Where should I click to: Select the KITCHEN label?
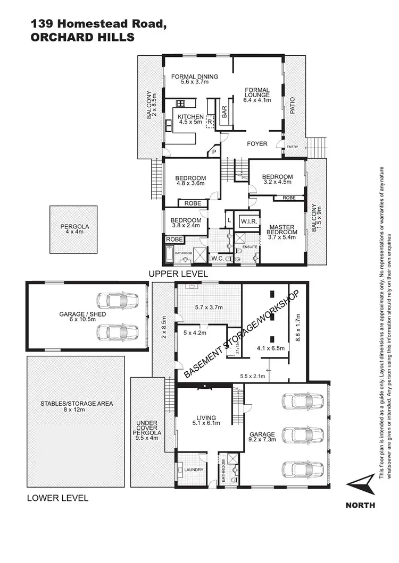tap(190, 117)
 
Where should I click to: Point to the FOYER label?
tap(257, 144)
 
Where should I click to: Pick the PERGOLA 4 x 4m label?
tap(74, 229)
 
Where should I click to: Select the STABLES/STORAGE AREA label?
tap(77, 406)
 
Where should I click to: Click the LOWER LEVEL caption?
tap(57, 498)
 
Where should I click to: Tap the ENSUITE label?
tap(250, 247)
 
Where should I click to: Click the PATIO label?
tap(292, 106)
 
